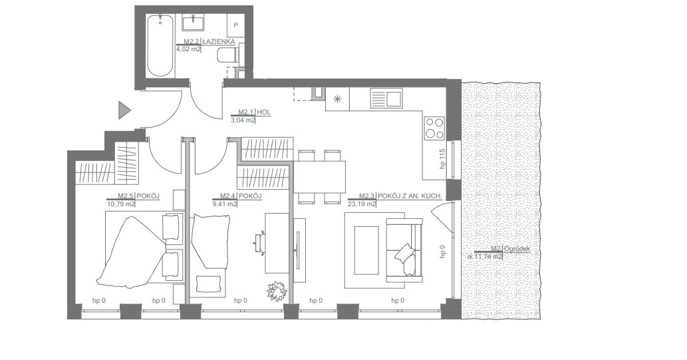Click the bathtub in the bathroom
[160, 46]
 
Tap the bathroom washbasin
[194, 23]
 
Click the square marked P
[235, 25]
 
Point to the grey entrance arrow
[124, 110]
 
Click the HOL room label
[264, 112]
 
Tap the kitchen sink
[386, 97]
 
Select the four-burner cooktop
[434, 128]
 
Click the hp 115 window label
[442, 159]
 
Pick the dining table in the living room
[319, 177]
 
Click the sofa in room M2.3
[404, 250]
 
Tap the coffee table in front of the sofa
[366, 250]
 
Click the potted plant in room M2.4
[277, 290]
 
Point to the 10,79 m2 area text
[121, 204]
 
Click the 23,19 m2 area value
[362, 204]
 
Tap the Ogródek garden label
[517, 249]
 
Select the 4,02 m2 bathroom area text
[188, 49]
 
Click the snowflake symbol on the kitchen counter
[337, 99]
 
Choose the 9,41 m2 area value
[225, 204]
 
